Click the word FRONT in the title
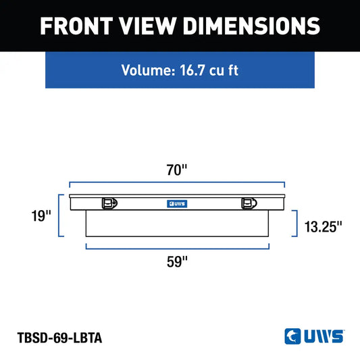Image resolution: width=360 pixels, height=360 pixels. (76, 26)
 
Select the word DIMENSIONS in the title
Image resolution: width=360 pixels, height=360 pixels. (252, 26)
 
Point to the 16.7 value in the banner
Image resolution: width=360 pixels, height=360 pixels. (192, 70)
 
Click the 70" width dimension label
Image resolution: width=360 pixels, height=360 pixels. (177, 170)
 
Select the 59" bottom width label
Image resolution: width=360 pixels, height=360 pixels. (177, 261)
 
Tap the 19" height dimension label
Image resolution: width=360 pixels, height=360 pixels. (41, 216)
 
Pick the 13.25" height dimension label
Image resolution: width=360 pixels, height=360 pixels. (323, 227)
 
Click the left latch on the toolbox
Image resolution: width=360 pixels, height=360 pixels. (109, 203)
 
